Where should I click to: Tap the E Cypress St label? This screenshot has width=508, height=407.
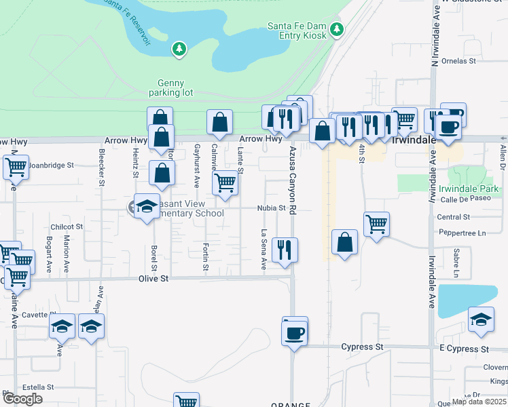tap(464, 348)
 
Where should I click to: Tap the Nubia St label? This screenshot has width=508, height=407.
tap(270, 208)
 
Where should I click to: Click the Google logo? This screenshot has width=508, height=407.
tap(22, 399)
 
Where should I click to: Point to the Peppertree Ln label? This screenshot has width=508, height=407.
tap(462, 233)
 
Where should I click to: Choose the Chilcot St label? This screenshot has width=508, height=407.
tap(67, 227)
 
